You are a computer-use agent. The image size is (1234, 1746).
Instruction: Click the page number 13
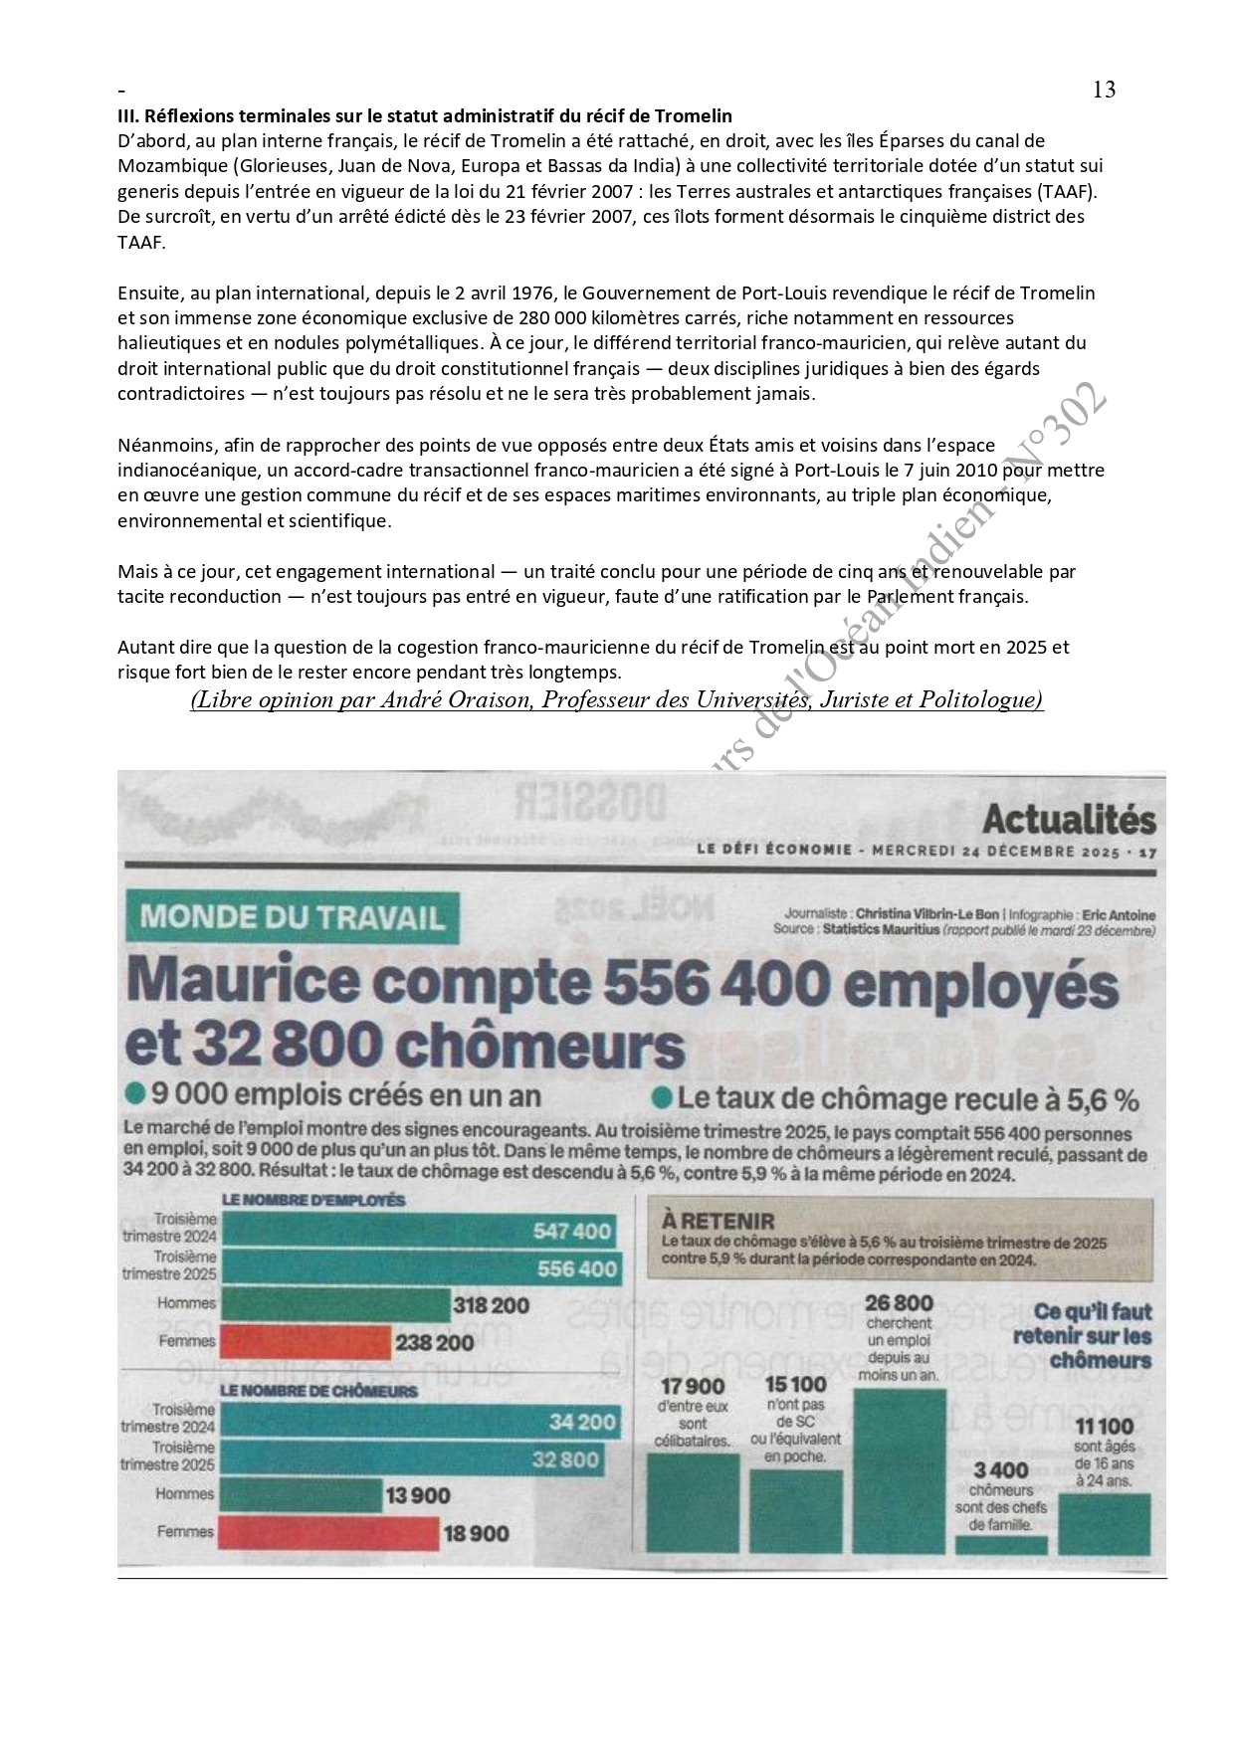click(x=1104, y=90)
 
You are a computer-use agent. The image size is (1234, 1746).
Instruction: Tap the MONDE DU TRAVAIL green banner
click(x=293, y=916)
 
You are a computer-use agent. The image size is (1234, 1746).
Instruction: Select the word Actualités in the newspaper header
click(x=1069, y=820)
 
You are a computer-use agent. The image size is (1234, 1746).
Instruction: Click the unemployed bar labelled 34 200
click(x=418, y=1422)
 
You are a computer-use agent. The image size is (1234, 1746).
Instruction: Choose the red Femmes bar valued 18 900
click(x=327, y=1533)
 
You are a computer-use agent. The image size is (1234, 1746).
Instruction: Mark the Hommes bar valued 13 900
click(x=300, y=1494)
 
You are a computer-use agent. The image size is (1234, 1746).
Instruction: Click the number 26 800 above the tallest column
click(x=899, y=1302)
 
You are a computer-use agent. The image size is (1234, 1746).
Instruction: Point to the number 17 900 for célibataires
click(x=693, y=1386)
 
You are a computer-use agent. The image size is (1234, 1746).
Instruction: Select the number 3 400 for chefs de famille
click(x=1000, y=1470)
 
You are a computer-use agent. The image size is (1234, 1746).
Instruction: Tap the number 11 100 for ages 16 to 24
click(x=1105, y=1427)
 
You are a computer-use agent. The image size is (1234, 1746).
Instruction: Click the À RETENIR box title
click(x=718, y=1221)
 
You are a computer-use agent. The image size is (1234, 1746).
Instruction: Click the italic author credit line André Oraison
click(x=616, y=700)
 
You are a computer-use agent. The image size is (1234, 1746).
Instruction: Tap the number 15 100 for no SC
click(x=795, y=1384)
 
